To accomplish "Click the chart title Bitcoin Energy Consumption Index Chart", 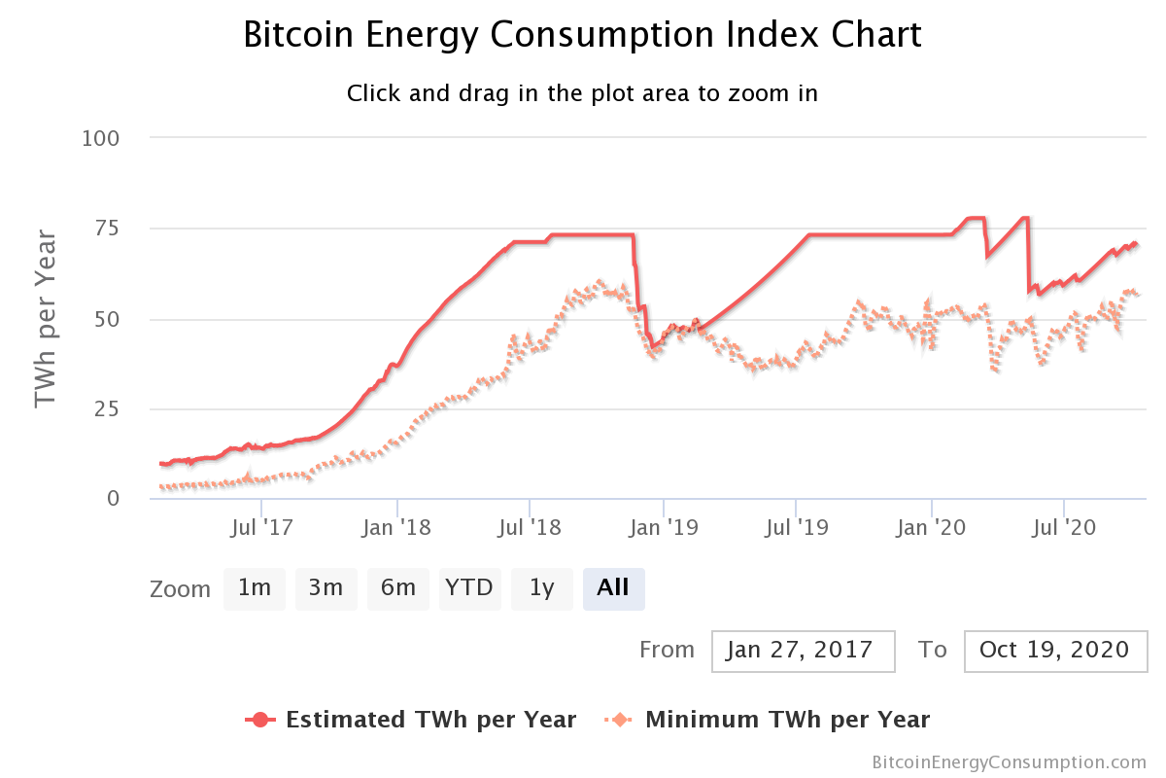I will (x=582, y=35).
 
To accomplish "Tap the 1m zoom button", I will (x=255, y=588).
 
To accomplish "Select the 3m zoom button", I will (x=326, y=588).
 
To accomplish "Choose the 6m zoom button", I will (x=398, y=588).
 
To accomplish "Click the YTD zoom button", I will (x=469, y=588).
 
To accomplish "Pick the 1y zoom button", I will (x=542, y=588).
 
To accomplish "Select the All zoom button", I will (x=613, y=588).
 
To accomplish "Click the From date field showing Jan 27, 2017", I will (x=803, y=650).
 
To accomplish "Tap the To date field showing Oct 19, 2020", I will (x=1055, y=650).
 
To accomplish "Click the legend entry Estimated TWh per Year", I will (x=412, y=720).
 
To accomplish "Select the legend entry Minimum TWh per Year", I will (x=768, y=720).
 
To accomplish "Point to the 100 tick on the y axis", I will (x=101, y=138).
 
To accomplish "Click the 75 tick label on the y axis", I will (x=108, y=229).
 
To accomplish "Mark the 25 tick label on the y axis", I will (x=108, y=408).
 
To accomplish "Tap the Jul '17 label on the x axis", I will (x=262, y=528).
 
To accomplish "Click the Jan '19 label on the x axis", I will (x=663, y=528).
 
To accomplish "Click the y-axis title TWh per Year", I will (x=46, y=318).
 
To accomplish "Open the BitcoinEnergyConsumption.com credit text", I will (x=1009, y=762).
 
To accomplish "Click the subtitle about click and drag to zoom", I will (x=582, y=94).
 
